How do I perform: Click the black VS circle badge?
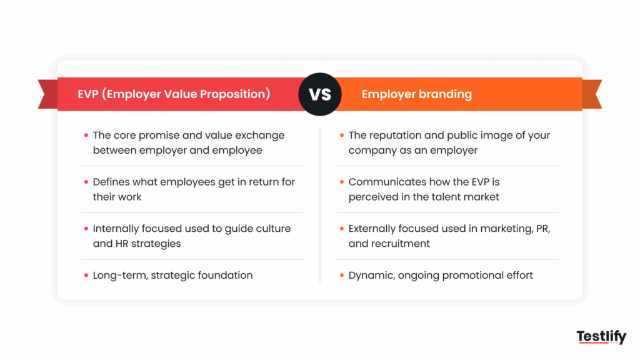click(x=320, y=94)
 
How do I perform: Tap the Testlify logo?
click(x=601, y=337)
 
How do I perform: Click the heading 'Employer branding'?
click(x=416, y=94)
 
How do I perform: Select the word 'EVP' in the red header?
click(x=89, y=94)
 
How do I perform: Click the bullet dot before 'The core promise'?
click(x=86, y=135)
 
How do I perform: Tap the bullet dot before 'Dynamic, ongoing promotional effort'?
click(x=341, y=275)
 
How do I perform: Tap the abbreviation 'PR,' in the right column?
click(x=542, y=228)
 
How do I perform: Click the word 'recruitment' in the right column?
click(x=400, y=244)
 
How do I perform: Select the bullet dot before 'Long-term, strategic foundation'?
click(x=86, y=275)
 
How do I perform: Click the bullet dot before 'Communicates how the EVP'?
click(x=341, y=182)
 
